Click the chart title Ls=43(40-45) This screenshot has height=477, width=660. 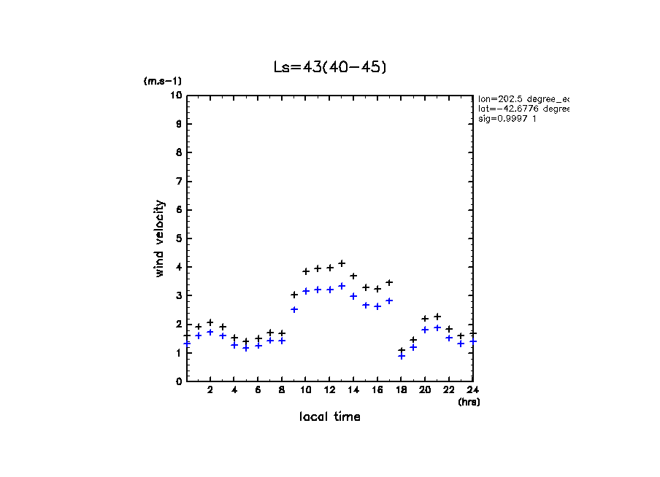pyautogui.click(x=329, y=66)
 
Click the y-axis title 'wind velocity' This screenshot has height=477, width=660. pyautogui.click(x=159, y=238)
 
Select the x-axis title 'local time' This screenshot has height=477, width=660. pyautogui.click(x=329, y=416)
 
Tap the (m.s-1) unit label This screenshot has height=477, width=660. pyautogui.click(x=162, y=82)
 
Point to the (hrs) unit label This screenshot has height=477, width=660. pyautogui.click(x=468, y=402)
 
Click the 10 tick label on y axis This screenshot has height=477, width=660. pyautogui.click(x=176, y=96)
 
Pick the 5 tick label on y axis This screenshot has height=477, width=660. pyautogui.click(x=178, y=238)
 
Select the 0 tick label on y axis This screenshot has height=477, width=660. pyautogui.click(x=178, y=381)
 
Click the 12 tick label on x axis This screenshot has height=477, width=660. pyautogui.click(x=329, y=390)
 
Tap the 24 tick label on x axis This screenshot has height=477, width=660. pyautogui.click(x=472, y=390)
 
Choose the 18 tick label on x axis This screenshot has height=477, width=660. pyautogui.click(x=401, y=390)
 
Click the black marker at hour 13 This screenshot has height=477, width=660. pyautogui.click(x=342, y=263)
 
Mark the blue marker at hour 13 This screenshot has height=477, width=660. pyautogui.click(x=342, y=286)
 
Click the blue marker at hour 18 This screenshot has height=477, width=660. pyautogui.click(x=401, y=356)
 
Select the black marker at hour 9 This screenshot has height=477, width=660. pyautogui.click(x=294, y=295)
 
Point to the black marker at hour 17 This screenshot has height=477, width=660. pyautogui.click(x=389, y=282)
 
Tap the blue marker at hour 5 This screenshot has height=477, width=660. pyautogui.click(x=246, y=348)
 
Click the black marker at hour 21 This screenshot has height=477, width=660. pyautogui.click(x=437, y=317)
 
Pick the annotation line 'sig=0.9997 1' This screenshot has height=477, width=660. pyautogui.click(x=507, y=119)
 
